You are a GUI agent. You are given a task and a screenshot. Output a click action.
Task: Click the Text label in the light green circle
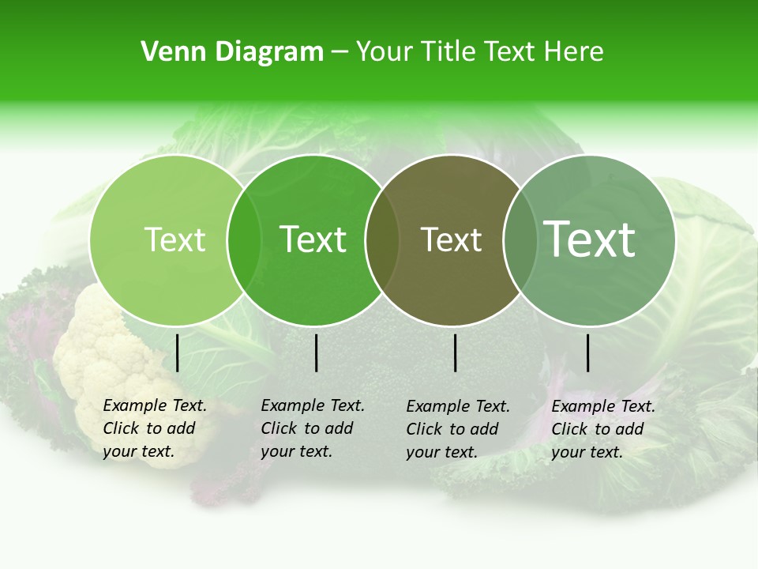click(x=174, y=239)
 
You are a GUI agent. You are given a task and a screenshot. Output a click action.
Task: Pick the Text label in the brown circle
click(x=451, y=239)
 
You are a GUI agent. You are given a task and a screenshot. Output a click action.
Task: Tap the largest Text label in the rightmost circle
click(x=590, y=239)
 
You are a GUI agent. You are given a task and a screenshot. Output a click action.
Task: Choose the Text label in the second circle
click(x=313, y=239)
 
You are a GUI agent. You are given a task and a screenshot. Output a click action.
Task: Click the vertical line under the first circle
click(x=178, y=353)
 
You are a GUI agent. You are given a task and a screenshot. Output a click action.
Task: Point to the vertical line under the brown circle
click(x=456, y=353)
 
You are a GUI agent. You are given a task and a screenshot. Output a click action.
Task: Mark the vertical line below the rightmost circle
click(x=588, y=353)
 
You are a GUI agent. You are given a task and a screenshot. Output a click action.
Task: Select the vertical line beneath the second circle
click(x=316, y=353)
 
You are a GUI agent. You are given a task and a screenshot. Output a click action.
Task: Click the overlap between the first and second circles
click(x=244, y=240)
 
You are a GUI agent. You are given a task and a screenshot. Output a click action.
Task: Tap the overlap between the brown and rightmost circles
click(x=518, y=240)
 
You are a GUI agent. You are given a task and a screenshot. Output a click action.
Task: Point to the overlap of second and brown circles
click(x=382, y=240)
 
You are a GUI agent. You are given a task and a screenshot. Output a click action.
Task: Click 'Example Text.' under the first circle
click(x=155, y=405)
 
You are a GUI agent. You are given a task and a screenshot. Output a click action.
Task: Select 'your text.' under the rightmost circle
click(x=587, y=452)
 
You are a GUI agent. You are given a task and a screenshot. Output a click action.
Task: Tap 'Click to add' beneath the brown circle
click(x=452, y=429)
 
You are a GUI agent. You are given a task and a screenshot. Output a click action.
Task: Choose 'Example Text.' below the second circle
click(x=313, y=405)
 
